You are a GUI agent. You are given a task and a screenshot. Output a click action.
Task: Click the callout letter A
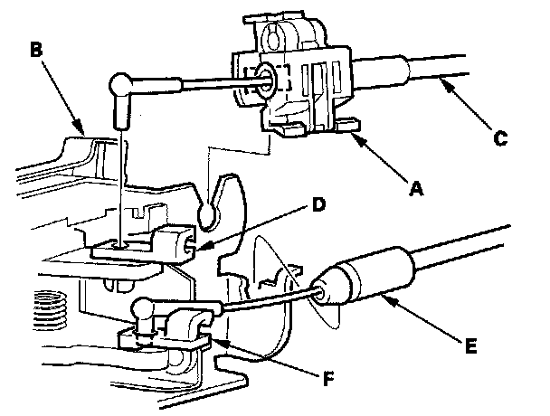click(x=416, y=189)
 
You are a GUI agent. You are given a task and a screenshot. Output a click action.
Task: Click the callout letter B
click(x=36, y=50)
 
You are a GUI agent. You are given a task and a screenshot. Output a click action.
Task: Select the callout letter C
click(x=500, y=137)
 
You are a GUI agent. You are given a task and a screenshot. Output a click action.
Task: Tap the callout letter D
click(x=318, y=204)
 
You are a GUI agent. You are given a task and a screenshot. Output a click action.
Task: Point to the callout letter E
click(x=470, y=346)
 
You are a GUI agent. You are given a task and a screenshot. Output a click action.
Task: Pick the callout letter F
click(x=328, y=379)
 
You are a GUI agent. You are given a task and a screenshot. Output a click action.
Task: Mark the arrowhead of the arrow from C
click(x=447, y=84)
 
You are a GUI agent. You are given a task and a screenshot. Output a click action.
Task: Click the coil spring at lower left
click(x=50, y=309)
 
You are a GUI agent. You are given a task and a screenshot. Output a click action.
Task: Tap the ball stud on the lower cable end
click(x=142, y=308)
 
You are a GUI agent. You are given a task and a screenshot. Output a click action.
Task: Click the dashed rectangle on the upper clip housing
click(x=267, y=80)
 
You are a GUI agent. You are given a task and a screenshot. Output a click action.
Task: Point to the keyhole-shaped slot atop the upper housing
click(x=273, y=36)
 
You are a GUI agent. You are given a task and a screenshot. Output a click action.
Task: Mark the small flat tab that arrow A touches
click(x=347, y=126)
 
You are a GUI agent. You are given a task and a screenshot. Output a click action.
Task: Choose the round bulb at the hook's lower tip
click(x=209, y=214)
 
